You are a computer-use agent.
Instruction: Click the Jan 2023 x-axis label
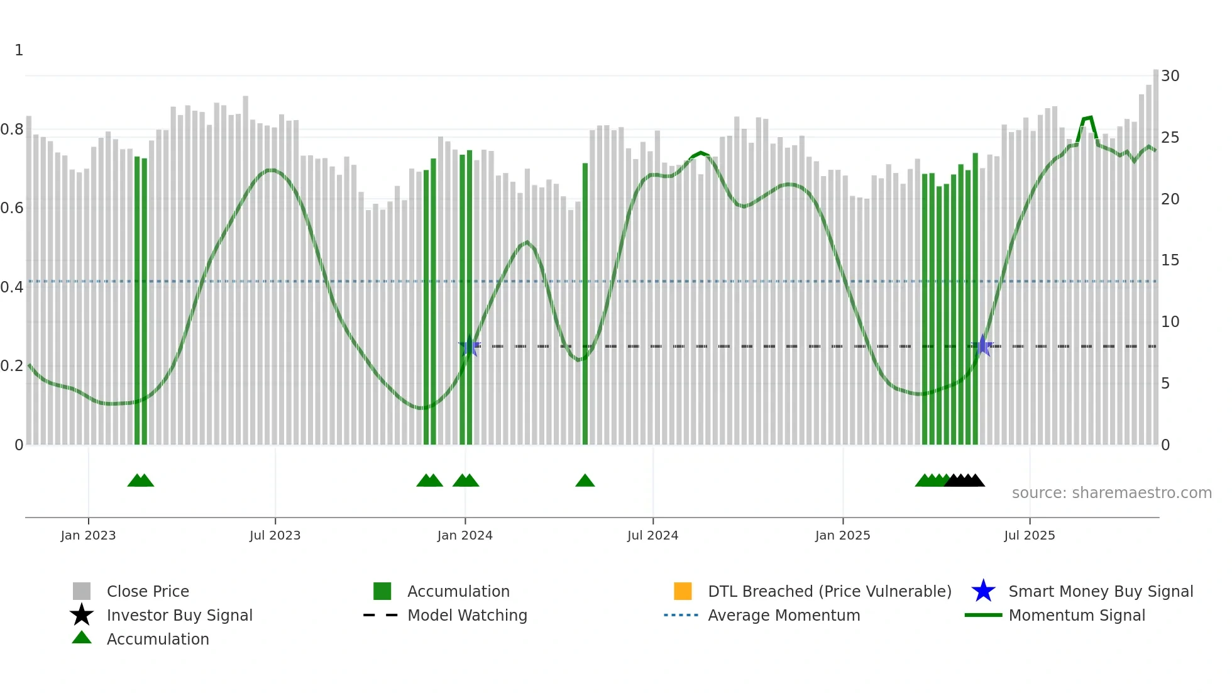click(x=88, y=535)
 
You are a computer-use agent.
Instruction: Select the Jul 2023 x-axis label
click(x=275, y=535)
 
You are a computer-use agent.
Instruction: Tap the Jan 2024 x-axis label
click(x=465, y=535)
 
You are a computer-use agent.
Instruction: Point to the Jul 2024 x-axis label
click(x=652, y=535)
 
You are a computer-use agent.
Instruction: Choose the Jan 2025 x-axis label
click(x=842, y=535)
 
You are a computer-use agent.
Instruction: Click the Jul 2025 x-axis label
click(x=1029, y=535)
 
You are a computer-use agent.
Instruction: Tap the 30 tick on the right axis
click(x=1170, y=76)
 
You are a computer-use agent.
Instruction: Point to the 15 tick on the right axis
click(x=1170, y=260)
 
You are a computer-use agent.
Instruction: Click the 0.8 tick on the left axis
click(x=12, y=130)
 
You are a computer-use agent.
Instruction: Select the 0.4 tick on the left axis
click(x=12, y=287)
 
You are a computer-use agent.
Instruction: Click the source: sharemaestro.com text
click(x=1111, y=493)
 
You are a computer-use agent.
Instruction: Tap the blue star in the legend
click(x=983, y=591)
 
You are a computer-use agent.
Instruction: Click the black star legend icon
click(x=82, y=615)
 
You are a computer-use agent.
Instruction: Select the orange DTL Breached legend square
click(x=683, y=591)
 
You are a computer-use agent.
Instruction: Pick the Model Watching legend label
click(x=467, y=615)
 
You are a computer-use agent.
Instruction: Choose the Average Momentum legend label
click(x=784, y=615)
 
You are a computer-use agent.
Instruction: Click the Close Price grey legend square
click(x=82, y=591)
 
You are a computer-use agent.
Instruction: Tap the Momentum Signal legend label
click(x=1077, y=615)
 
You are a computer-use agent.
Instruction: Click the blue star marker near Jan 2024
click(x=470, y=346)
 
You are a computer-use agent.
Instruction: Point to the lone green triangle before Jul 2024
click(x=585, y=481)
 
